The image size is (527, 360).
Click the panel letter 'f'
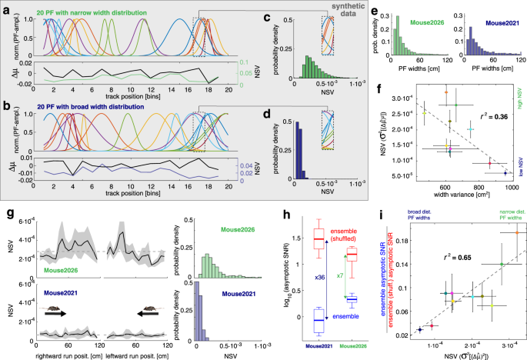(379, 91)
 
